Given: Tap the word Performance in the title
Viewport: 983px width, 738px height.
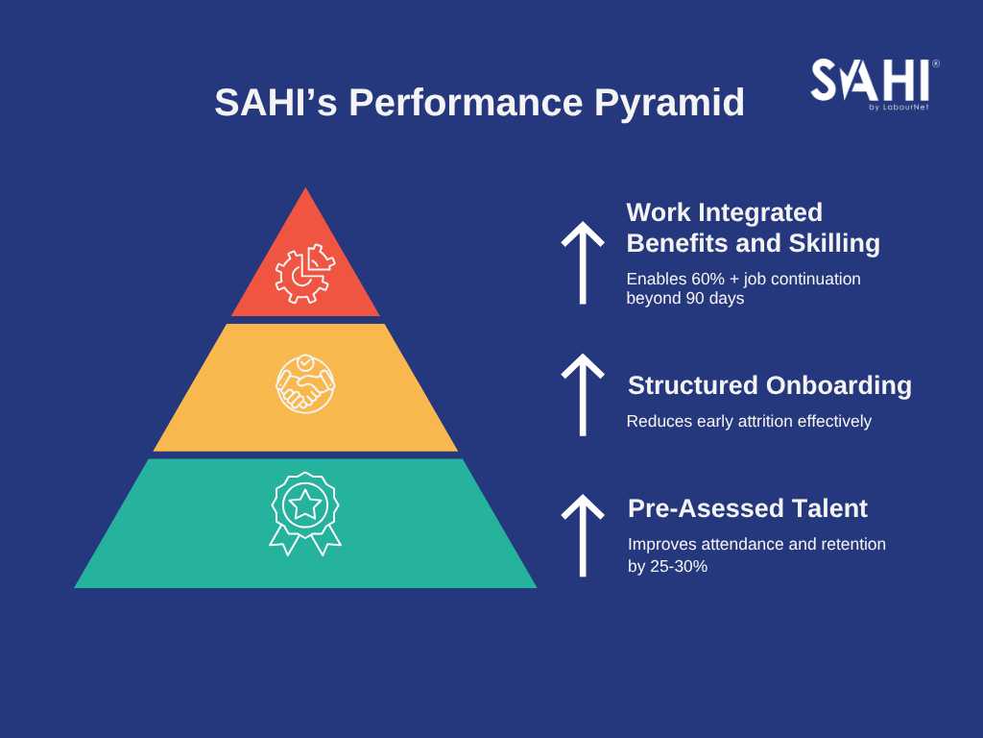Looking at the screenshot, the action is click(466, 102).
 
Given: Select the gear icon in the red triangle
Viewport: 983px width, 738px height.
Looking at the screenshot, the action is click(304, 274).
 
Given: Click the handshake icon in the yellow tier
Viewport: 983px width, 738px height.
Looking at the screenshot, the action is click(305, 384).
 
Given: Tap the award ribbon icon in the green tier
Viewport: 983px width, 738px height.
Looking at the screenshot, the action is click(305, 513).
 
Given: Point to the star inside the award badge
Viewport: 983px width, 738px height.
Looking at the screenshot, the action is click(305, 504).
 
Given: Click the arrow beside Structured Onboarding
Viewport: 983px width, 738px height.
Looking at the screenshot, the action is click(583, 395).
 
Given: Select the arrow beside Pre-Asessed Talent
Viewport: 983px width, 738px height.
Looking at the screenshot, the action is click(583, 535).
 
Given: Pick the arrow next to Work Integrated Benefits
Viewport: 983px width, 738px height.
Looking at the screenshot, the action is click(583, 263).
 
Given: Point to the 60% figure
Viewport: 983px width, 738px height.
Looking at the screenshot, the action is click(707, 279).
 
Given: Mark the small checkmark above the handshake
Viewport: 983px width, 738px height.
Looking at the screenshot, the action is click(305, 362).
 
